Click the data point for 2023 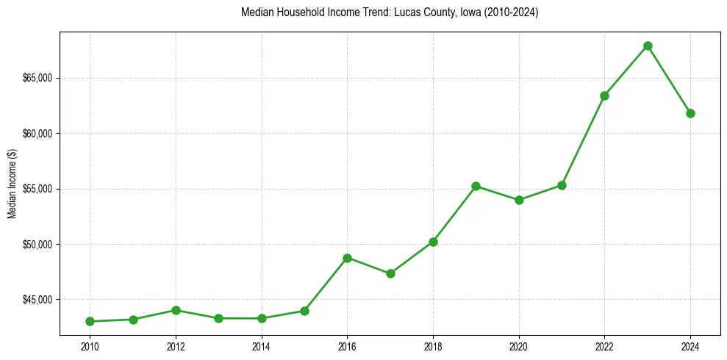(x=648, y=46)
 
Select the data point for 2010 (x=90, y=321)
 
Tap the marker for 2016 (x=347, y=258)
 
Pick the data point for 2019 (x=476, y=186)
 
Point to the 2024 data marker (x=690, y=113)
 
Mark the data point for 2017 (x=390, y=273)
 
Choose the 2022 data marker (x=604, y=96)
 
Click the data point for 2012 (x=176, y=310)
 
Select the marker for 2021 (x=562, y=185)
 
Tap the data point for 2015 (x=304, y=311)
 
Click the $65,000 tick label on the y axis (x=37, y=78)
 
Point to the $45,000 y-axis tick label (x=37, y=300)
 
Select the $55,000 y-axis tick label (x=37, y=189)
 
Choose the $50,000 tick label (x=37, y=244)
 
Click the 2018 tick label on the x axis (x=433, y=345)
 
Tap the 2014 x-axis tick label (x=261, y=345)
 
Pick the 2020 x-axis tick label (x=519, y=345)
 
